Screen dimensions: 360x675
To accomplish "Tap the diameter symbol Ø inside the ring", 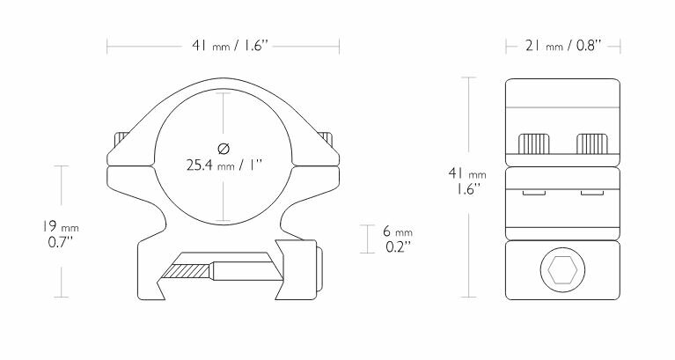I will click(224, 147).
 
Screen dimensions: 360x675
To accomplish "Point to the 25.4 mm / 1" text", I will click(224, 164).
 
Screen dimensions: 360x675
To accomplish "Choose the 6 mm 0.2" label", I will click(398, 239).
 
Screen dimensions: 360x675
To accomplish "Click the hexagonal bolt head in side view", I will click(563, 272).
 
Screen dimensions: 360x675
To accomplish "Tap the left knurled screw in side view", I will click(536, 143).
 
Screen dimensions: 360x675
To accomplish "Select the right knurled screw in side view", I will click(591, 143).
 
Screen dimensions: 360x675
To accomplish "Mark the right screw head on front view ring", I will click(328, 141).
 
